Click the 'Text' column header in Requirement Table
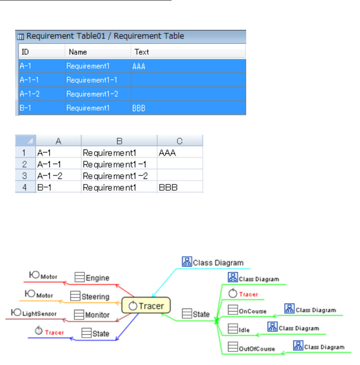142,52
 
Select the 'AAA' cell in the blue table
139,66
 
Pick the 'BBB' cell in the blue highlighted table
139,108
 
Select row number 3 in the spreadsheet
25,176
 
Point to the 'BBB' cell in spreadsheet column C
168,187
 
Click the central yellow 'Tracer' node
146,306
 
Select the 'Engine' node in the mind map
97,278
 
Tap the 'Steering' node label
95,296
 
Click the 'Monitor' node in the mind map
97,315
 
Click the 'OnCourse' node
253,312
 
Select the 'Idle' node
244,330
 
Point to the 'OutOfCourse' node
257,349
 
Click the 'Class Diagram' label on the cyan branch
218,263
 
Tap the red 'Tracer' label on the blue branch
54,333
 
